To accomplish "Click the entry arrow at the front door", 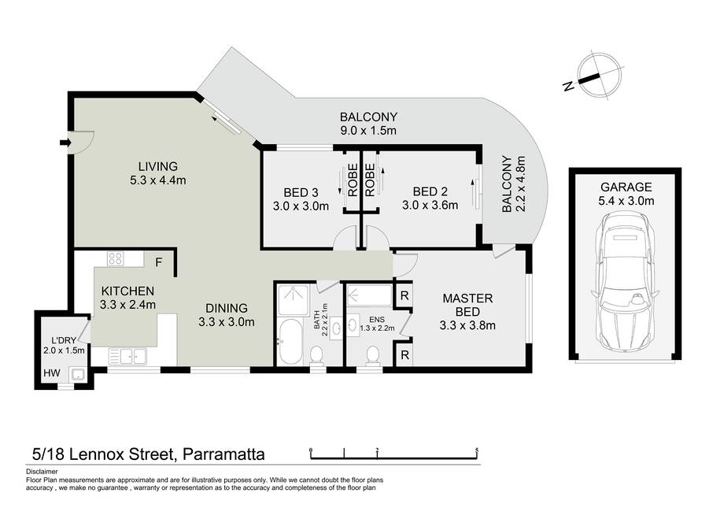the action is click(65, 143).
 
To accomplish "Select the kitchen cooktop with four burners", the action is click(115, 258).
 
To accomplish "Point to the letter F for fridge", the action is click(159, 262).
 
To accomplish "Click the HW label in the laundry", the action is click(52, 373).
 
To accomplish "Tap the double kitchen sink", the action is click(127, 356).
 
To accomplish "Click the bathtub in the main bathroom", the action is click(290, 341).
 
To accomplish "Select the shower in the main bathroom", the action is click(293, 300).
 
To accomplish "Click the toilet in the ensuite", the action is click(373, 354).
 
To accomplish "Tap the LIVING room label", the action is click(158, 167).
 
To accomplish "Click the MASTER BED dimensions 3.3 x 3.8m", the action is click(467, 325).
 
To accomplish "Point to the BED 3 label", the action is click(301, 192).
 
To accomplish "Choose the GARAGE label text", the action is click(626, 187).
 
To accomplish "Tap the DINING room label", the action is click(227, 308).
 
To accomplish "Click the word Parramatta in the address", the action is click(223, 454).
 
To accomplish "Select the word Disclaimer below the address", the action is click(42, 471).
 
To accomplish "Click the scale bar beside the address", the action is click(394, 454).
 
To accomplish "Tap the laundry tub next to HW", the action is click(77, 374).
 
